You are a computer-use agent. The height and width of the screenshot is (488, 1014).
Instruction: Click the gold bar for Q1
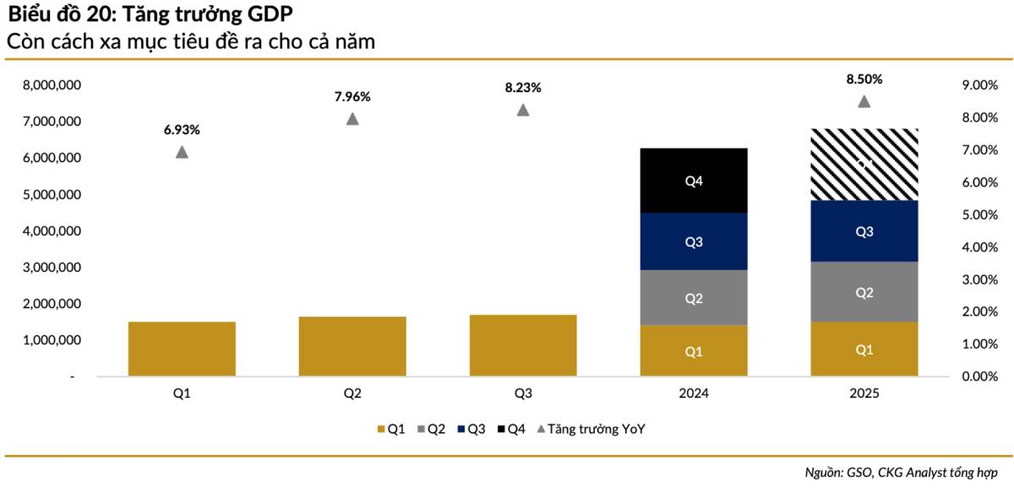click(x=182, y=349)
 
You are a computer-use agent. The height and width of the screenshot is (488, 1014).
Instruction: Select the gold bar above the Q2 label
click(x=352, y=346)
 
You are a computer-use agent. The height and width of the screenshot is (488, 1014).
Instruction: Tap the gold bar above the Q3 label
click(x=523, y=345)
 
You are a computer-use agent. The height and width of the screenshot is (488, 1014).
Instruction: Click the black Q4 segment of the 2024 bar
click(x=694, y=181)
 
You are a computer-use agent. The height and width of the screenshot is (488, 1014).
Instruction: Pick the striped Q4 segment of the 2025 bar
click(x=864, y=165)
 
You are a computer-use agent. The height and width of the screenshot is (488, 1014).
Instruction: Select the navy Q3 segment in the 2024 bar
click(x=694, y=241)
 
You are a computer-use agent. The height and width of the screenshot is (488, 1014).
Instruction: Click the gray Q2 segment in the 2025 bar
click(x=864, y=292)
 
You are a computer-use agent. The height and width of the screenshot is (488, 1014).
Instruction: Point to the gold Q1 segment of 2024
click(x=694, y=351)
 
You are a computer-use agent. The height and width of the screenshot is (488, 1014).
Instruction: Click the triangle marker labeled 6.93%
click(x=182, y=152)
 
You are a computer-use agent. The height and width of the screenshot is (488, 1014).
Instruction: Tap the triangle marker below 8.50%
click(x=864, y=101)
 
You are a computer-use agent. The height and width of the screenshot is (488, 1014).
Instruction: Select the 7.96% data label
click(x=352, y=96)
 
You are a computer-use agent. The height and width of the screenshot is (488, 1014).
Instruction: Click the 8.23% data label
click(x=523, y=87)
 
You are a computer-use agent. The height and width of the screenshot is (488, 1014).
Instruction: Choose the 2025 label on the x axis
click(x=864, y=393)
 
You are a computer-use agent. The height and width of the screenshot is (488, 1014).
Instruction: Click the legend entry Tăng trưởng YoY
click(x=596, y=429)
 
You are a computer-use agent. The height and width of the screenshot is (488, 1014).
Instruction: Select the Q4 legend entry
click(x=514, y=429)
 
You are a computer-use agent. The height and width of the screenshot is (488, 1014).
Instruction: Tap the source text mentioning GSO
click(x=901, y=472)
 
